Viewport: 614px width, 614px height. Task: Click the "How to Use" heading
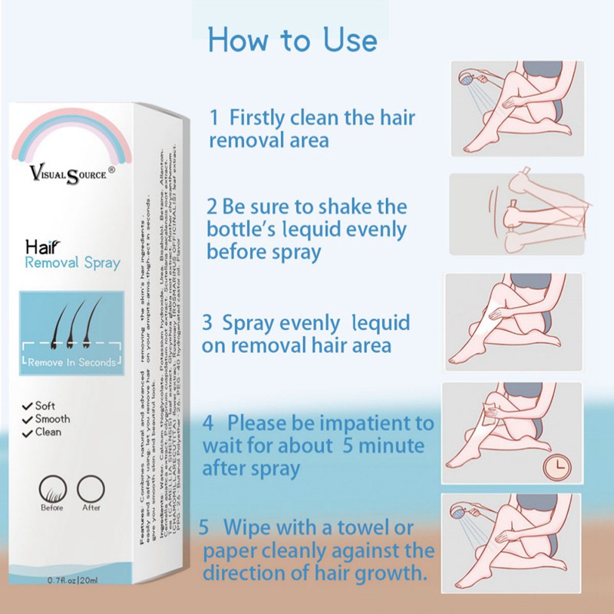(292, 40)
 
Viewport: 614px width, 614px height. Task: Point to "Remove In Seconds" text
(70, 362)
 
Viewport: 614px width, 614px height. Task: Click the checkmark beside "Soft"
(28, 405)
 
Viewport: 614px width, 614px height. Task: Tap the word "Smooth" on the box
(52, 419)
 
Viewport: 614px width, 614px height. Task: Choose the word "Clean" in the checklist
(48, 432)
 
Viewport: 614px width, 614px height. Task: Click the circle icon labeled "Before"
(52, 487)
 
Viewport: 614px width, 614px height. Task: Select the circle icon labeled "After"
(91, 487)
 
